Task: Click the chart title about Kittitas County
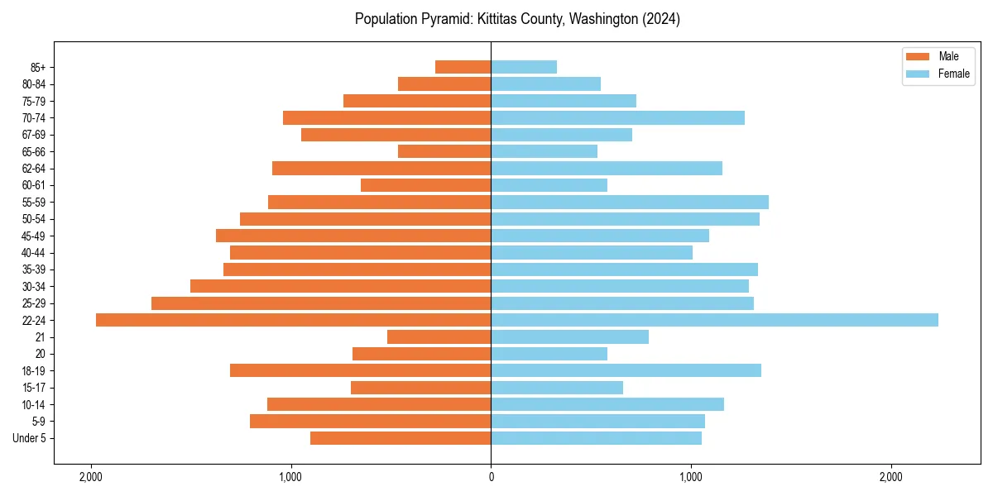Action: tap(517, 19)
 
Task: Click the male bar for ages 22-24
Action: tap(293, 320)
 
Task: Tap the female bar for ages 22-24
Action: tap(714, 320)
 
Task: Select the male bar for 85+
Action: tap(463, 67)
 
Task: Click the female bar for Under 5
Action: tap(596, 438)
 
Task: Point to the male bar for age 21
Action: tap(439, 337)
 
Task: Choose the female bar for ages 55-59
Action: tap(629, 203)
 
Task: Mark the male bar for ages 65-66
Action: tap(444, 151)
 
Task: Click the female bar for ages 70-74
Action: tap(617, 118)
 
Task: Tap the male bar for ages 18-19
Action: tap(360, 370)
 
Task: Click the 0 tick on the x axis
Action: tap(491, 477)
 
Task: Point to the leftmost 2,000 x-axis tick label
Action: tap(90, 477)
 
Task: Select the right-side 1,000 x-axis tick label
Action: tap(691, 477)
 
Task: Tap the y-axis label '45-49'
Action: tap(34, 236)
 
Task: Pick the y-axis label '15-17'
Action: tap(34, 388)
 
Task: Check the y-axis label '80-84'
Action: tap(34, 84)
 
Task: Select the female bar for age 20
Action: tap(549, 354)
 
